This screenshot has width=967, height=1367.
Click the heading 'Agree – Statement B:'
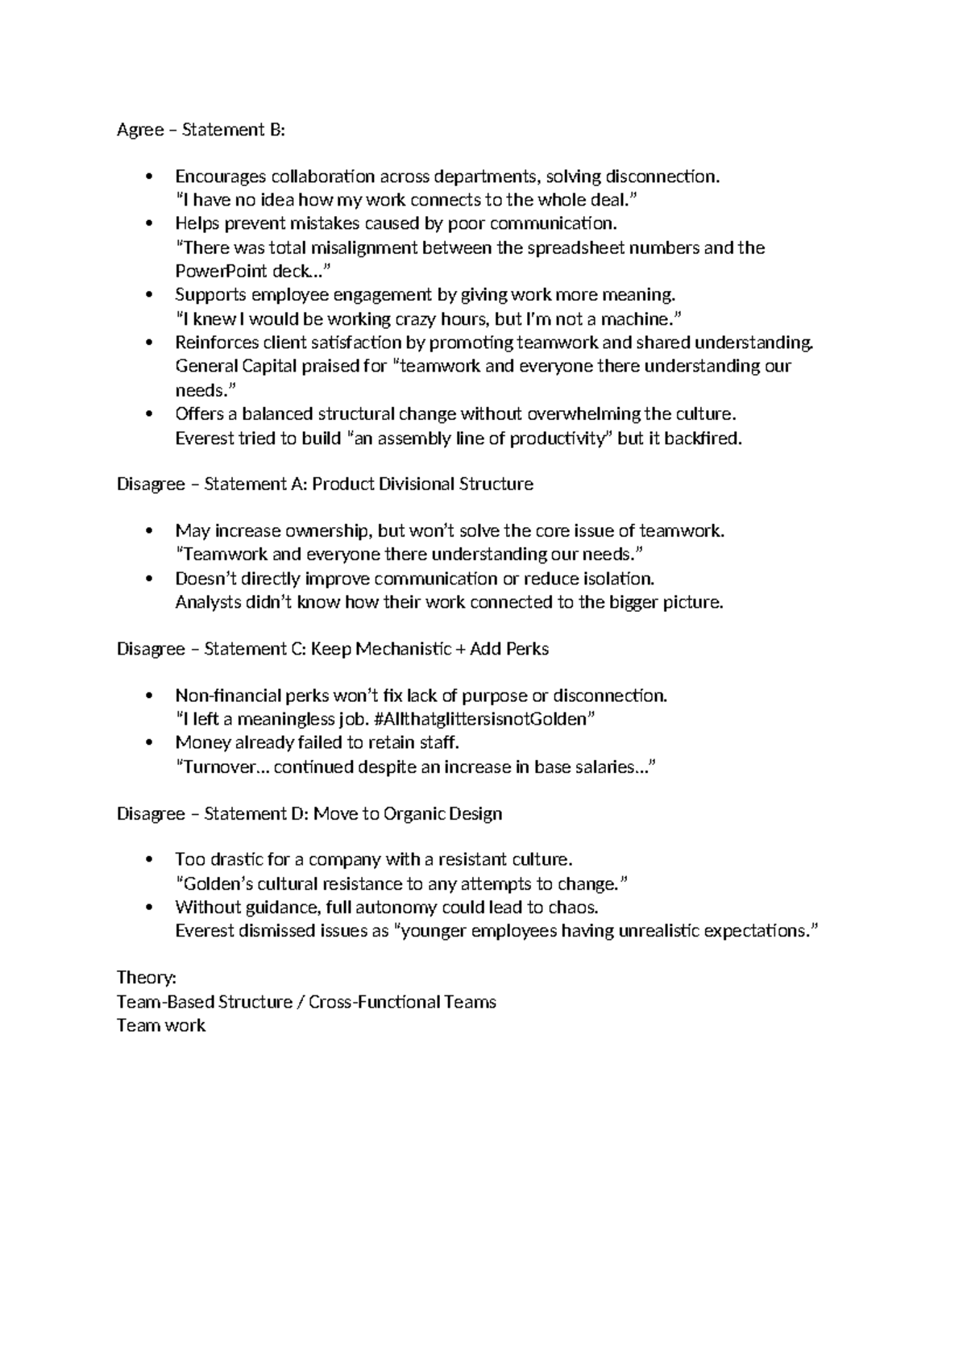[201, 130]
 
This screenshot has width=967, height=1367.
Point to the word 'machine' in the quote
[642, 318]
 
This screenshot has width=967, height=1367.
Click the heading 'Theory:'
[147, 978]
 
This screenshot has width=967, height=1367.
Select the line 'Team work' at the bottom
[161, 1025]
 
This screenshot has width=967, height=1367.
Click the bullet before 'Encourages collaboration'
[147, 177]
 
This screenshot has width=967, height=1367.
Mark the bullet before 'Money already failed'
[147, 743]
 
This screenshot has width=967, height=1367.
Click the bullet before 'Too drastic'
[147, 860]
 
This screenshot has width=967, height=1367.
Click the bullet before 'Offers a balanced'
[147, 415]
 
